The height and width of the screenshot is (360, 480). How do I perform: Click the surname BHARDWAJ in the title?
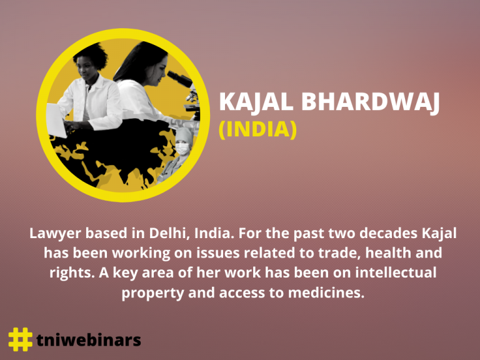point(371,102)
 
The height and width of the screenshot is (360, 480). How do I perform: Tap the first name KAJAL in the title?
point(256,102)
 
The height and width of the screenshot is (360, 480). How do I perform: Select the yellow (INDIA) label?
point(258,130)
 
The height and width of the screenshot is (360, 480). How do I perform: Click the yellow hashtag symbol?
point(20,339)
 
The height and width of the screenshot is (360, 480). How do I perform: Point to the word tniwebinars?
point(89,340)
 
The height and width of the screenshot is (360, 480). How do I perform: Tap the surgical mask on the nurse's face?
point(182,149)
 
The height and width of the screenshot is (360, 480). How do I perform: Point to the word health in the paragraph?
point(388,253)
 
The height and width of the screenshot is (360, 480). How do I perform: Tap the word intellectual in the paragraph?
point(396,272)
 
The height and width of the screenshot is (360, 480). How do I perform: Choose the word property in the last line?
point(152,294)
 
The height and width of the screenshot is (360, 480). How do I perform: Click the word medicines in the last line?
point(326,292)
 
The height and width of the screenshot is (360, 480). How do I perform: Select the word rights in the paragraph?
point(72,273)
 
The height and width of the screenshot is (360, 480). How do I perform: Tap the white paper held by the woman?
point(56,120)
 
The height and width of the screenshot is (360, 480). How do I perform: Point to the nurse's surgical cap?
point(184,134)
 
